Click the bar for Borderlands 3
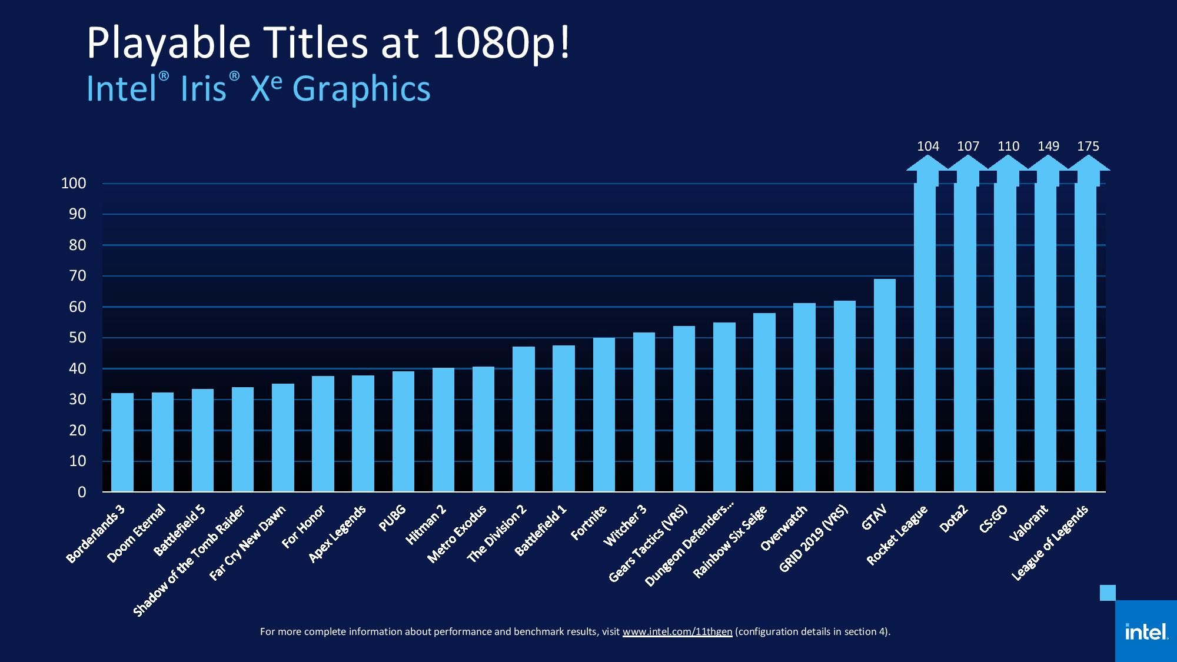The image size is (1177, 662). pos(122,443)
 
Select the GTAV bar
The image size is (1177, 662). pos(885,385)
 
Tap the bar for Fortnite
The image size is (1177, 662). pos(604,415)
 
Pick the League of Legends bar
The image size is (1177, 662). pos(1085,338)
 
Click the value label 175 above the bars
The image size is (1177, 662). pos(1088,146)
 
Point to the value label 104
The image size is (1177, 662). pos(928,146)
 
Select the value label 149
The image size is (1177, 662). pos(1048,146)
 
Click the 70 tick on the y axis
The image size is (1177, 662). pos(78,276)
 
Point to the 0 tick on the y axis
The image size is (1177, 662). pos(82,492)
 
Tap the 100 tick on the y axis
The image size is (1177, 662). pos(74,184)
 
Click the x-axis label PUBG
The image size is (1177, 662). pos(393,518)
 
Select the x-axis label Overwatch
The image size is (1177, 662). pos(783,528)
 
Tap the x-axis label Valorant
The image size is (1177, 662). pos(1029,523)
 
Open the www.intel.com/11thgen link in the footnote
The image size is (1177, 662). pos(677,631)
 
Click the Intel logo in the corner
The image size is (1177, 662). pos(1146,632)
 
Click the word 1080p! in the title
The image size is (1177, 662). pos(501,42)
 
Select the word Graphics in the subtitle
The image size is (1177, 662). pos(361,89)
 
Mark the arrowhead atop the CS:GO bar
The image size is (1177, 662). pos(1008,163)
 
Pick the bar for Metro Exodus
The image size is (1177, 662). pos(483,429)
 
